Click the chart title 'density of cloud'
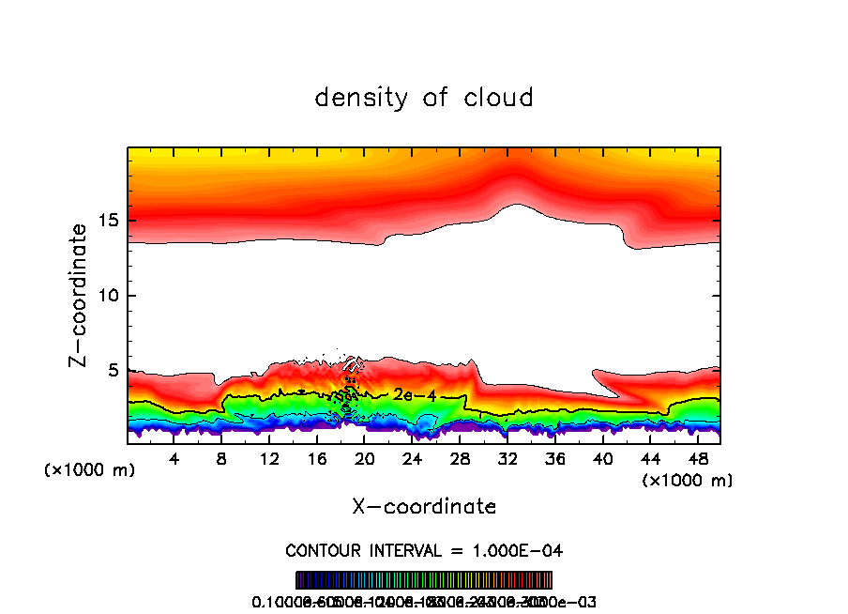click(x=424, y=98)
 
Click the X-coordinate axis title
click(x=424, y=507)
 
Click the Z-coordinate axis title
click(x=80, y=295)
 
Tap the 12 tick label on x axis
click(x=270, y=459)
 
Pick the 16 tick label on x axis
click(x=318, y=459)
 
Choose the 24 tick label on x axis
click(x=413, y=459)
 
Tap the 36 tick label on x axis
click(x=555, y=459)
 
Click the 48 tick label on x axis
click(x=698, y=459)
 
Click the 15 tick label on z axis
click(x=110, y=222)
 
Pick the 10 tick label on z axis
click(x=110, y=296)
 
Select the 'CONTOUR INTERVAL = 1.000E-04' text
click(x=424, y=550)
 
